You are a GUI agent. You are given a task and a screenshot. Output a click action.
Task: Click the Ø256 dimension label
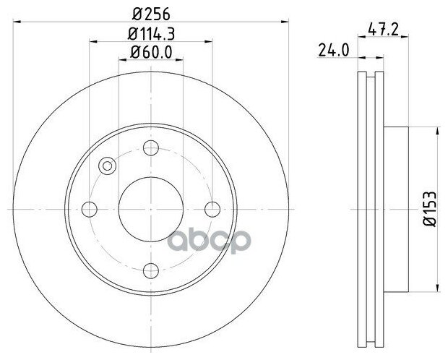click(x=151, y=14)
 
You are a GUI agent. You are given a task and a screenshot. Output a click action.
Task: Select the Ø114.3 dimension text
click(x=151, y=34)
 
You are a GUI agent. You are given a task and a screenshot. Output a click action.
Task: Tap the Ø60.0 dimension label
click(x=151, y=52)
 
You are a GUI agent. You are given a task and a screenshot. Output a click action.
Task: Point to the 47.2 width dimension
click(x=383, y=29)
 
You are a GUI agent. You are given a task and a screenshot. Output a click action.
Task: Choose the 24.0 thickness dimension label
click(x=334, y=51)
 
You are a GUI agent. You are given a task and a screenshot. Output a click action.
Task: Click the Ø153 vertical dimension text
click(x=430, y=209)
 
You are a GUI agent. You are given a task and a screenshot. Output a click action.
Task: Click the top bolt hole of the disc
click(x=151, y=148)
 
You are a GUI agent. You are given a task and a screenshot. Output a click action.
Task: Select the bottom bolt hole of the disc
click(x=151, y=270)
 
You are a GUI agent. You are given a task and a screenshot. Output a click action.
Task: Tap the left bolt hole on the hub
click(x=90, y=210)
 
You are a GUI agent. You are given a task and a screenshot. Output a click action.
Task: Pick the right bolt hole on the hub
click(x=212, y=210)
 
